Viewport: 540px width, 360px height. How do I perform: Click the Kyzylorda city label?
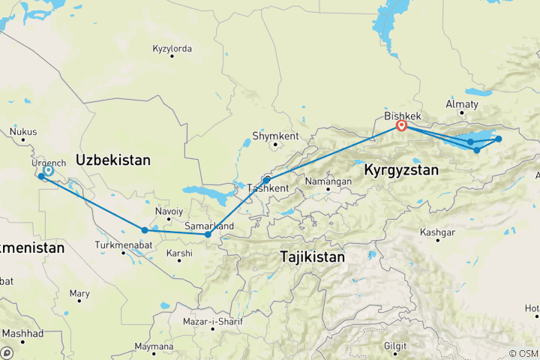pos(172,49)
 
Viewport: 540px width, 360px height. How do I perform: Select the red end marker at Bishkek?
pos(401,126)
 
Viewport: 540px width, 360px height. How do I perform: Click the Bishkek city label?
pos(402,116)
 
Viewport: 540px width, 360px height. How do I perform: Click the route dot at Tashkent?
pos(266,181)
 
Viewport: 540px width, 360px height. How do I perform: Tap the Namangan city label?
pos(328,181)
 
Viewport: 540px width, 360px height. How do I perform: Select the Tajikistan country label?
pos(312,256)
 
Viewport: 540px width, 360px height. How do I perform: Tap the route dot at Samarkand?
pos(208,235)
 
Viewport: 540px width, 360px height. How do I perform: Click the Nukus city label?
pos(22,132)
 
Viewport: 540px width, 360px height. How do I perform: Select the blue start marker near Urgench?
pos(48,171)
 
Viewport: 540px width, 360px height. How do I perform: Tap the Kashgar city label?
pos(439,232)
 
